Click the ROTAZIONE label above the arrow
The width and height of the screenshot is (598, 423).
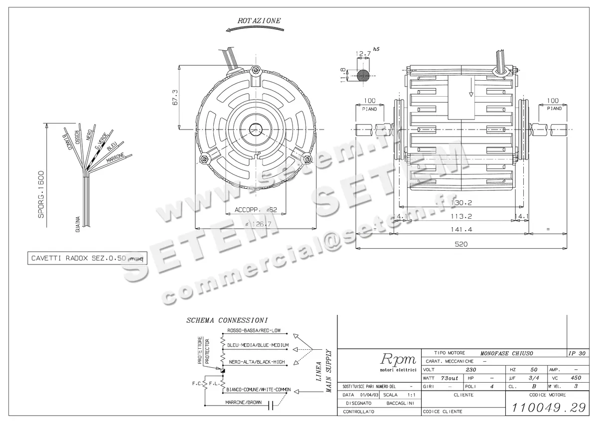click(259, 21)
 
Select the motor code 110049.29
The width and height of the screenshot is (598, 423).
click(546, 407)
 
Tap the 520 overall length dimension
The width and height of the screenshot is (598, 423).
click(461, 244)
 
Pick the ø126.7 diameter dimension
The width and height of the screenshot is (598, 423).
click(259, 224)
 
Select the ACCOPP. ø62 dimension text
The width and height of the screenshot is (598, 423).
click(256, 210)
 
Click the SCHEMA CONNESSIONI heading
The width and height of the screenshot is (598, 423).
click(227, 320)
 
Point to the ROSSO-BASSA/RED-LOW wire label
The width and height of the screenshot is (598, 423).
click(254, 330)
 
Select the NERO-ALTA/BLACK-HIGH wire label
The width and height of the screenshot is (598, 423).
click(256, 362)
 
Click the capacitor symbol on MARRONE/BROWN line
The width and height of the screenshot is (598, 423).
click(271, 406)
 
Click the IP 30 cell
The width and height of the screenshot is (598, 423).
click(577, 353)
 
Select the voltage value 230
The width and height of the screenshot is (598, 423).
click(470, 370)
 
